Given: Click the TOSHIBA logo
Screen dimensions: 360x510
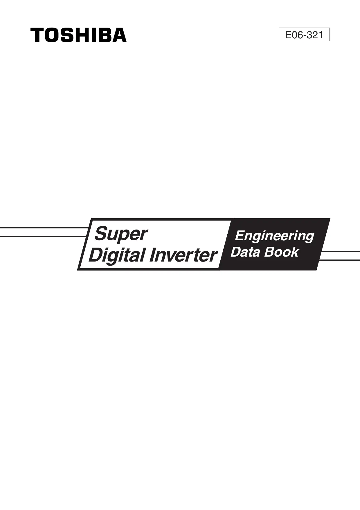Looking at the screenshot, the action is (78, 35).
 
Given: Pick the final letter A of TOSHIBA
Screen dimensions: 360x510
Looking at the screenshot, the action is (119, 35).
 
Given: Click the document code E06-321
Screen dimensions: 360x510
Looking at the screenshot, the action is (304, 35).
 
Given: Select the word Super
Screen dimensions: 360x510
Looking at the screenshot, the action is (121, 234).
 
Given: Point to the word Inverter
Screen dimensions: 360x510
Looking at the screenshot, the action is (183, 255).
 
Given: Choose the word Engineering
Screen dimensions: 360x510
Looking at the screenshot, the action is (274, 236).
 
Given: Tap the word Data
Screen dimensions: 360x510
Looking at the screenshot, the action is (245, 252).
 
